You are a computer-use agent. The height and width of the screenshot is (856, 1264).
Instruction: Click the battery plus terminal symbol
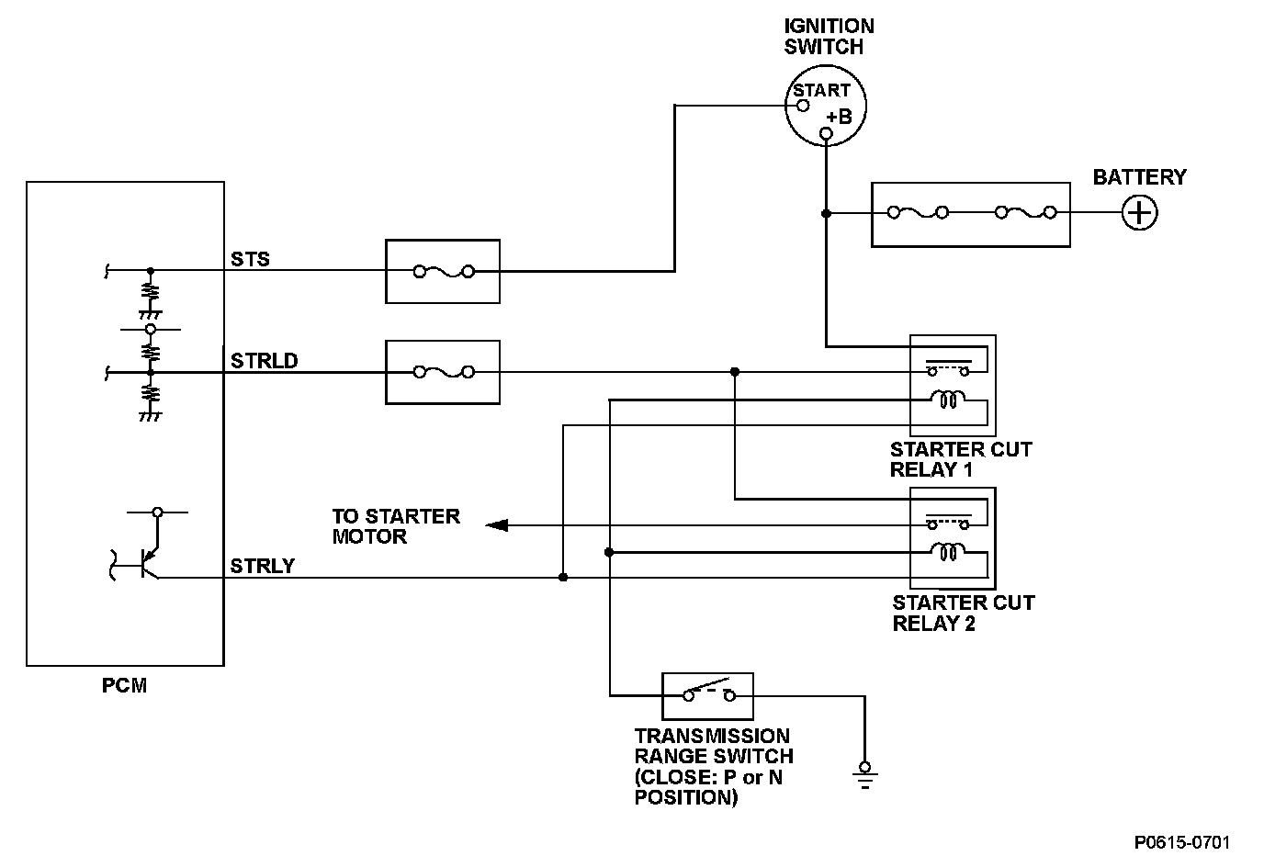point(1139,213)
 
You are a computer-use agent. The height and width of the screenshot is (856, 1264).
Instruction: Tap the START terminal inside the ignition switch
point(803,106)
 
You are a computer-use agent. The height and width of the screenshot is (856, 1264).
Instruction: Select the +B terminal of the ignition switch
point(826,134)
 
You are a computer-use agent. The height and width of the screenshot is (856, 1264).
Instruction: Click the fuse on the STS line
point(444,272)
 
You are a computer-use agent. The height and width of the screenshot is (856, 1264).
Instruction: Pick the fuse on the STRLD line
point(444,372)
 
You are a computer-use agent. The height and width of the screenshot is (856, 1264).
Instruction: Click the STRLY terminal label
point(263,566)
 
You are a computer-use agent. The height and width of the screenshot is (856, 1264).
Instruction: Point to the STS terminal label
point(250,260)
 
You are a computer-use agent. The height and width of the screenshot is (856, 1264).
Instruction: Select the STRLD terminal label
point(264,361)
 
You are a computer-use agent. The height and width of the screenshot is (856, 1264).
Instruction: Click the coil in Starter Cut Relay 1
point(948,400)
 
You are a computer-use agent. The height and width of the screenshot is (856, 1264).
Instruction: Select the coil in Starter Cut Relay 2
point(948,552)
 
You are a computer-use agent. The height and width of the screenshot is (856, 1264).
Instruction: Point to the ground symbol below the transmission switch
point(864,775)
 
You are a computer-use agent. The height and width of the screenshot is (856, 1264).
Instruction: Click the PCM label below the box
point(124,685)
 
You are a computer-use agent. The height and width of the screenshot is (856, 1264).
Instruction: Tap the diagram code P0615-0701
point(1182,842)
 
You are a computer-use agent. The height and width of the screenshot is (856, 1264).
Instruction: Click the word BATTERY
point(1139,177)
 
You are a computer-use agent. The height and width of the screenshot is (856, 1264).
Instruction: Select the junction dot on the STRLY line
point(563,578)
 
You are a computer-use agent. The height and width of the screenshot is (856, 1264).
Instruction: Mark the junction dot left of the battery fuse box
point(826,213)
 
